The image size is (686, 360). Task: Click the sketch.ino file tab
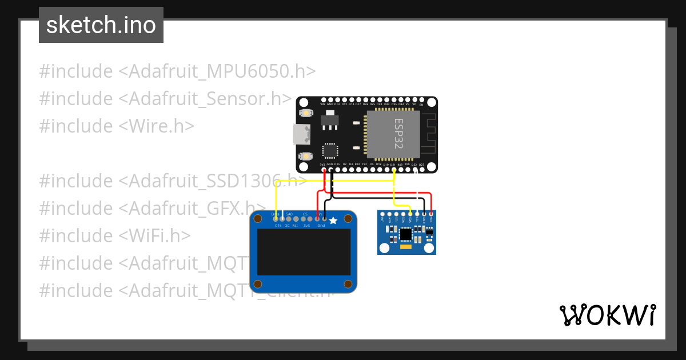(101, 25)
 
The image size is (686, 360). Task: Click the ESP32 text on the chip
(398, 134)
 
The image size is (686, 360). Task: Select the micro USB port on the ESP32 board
(301, 134)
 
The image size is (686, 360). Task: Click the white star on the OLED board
(333, 220)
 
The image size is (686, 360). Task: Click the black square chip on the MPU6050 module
(406, 234)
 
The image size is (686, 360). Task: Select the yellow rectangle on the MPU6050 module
(406, 248)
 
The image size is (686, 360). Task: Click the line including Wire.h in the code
(117, 126)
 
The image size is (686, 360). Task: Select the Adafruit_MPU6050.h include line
(177, 71)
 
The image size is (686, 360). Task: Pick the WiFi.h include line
(115, 235)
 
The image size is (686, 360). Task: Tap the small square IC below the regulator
(330, 151)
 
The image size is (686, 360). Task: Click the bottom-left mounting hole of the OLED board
(258, 284)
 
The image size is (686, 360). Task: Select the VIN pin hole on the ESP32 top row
(322, 100)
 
